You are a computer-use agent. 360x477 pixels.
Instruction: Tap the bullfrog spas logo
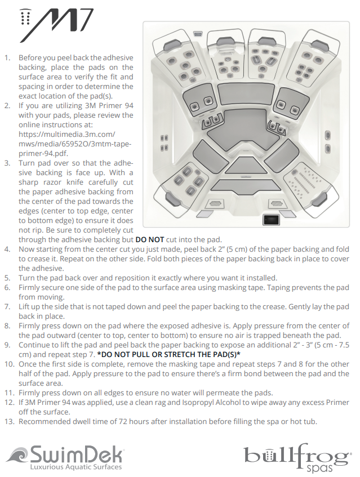tap(298, 457)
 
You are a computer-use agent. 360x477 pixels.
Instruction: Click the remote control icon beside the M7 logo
tap(24, 19)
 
